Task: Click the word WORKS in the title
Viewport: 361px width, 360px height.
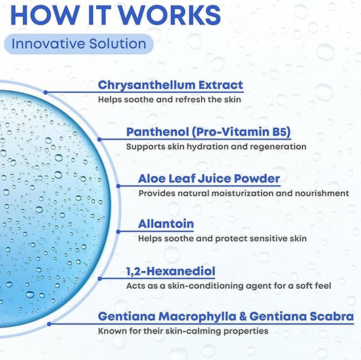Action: click(170, 15)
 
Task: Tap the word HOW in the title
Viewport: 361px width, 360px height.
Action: click(45, 15)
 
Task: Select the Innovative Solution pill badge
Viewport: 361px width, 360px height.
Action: click(79, 44)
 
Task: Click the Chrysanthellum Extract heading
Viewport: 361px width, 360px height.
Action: click(171, 85)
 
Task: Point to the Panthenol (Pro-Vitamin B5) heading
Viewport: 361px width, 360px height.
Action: click(209, 132)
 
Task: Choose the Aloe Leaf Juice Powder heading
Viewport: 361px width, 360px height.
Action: click(209, 178)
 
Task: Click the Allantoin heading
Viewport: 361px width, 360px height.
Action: click(166, 224)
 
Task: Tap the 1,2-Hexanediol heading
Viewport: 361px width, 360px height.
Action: click(171, 271)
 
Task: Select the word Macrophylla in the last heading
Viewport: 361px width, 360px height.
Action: click(197, 317)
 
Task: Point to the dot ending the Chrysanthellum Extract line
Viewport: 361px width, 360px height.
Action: click(45, 92)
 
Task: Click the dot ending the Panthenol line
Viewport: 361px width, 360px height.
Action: click(100, 140)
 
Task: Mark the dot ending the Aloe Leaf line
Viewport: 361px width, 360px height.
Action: click(119, 186)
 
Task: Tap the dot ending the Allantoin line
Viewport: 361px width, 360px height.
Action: click(119, 232)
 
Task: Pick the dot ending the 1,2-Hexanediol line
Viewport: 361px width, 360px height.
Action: click(100, 279)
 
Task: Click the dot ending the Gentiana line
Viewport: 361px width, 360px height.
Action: click(49, 324)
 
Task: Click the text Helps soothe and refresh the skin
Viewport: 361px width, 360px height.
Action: click(169, 100)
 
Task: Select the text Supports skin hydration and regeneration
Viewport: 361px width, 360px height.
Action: click(216, 147)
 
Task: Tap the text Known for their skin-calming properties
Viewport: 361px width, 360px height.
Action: click(183, 332)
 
